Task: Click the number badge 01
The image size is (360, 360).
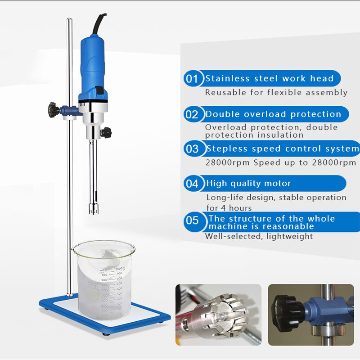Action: coord(192,79)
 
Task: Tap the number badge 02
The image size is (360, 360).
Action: coord(192,114)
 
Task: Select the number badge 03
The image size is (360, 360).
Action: coord(192,149)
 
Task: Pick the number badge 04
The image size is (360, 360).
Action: coord(192,184)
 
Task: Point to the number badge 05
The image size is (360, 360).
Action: coord(192,220)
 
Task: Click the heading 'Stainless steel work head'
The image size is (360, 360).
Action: coord(270,79)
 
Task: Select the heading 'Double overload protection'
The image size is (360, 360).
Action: coord(273,114)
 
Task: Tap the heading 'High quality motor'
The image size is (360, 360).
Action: coord(248,184)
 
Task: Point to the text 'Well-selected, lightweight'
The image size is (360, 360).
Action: coord(259,236)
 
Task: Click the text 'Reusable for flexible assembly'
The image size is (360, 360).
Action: coord(276,92)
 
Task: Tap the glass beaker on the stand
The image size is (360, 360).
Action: coord(103,279)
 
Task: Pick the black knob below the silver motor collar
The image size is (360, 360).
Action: coord(106,132)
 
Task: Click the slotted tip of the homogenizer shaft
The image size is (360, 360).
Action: coord(94,208)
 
